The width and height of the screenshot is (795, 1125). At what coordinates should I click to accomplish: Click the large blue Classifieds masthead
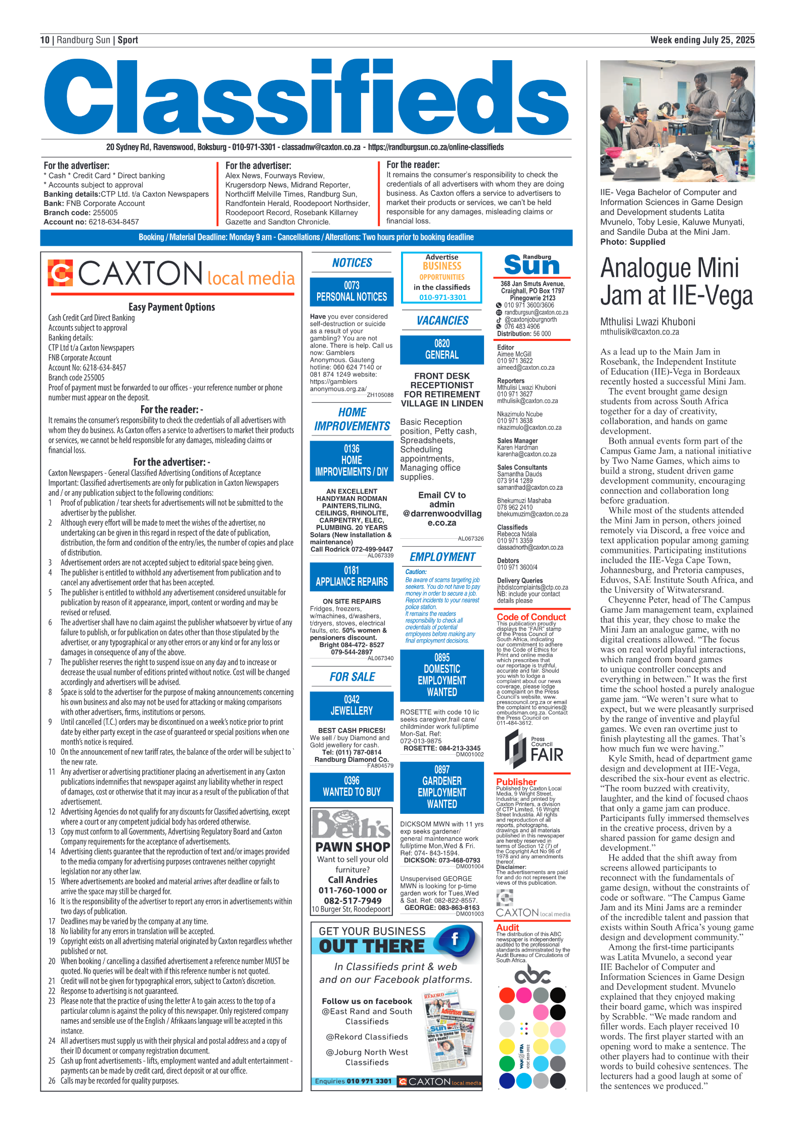[306, 98]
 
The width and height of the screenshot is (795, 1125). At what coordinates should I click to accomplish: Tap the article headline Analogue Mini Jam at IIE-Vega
[676, 281]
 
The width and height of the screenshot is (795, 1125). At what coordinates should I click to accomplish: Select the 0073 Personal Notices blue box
[351, 291]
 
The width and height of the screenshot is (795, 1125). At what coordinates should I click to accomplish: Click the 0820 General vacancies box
[441, 350]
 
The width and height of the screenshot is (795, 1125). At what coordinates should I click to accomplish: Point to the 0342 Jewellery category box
[351, 705]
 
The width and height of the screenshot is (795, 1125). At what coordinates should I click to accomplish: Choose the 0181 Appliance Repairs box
[351, 576]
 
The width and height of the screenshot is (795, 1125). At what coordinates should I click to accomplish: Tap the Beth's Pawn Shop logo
[351, 825]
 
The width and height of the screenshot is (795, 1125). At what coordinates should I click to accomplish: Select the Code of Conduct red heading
[531, 617]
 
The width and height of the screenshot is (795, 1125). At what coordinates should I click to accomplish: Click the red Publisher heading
[516, 782]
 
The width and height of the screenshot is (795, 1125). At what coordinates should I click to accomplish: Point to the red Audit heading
[507, 927]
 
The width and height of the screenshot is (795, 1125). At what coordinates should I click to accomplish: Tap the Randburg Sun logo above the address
[532, 265]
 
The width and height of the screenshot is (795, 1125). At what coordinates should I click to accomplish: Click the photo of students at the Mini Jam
[677, 121]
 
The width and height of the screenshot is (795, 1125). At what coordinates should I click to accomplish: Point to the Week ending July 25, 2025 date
[702, 40]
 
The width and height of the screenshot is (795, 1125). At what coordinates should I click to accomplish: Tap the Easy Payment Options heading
[171, 307]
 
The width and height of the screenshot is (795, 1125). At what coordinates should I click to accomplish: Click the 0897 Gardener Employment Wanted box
[441, 787]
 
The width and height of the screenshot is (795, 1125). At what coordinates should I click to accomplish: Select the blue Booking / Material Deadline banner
[306, 237]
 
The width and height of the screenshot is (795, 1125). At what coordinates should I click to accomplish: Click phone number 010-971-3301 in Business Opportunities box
[443, 297]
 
